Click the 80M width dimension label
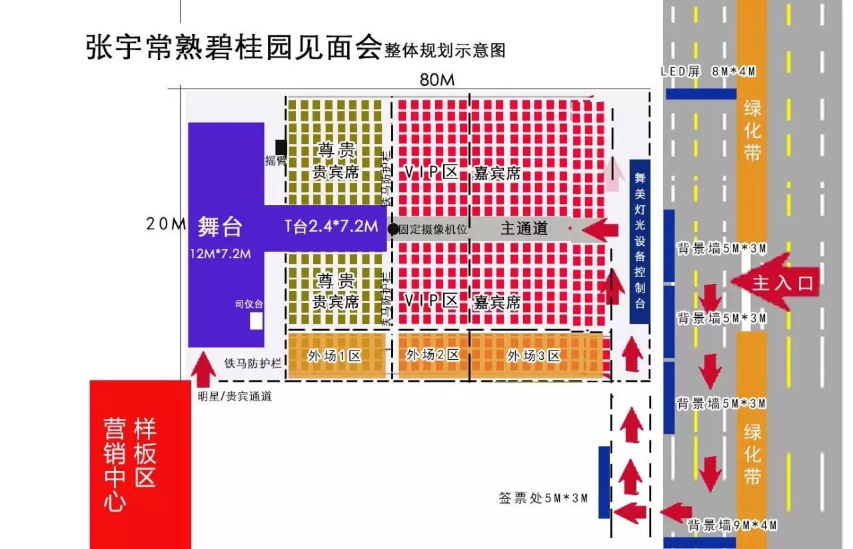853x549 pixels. tap(436, 79)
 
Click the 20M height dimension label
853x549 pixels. tap(165, 225)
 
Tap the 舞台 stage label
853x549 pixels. tap(220, 227)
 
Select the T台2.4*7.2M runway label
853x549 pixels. tap(331, 227)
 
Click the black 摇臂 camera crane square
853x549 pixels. tap(281, 147)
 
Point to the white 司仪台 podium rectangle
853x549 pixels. tap(256, 321)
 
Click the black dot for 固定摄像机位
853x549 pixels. tap(393, 229)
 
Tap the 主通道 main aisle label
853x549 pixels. tap(524, 228)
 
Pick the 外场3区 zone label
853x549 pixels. tap(533, 356)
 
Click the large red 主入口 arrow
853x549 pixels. tap(773, 282)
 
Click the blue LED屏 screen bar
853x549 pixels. tap(701, 94)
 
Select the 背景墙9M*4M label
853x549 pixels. tap(732, 525)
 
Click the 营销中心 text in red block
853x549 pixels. tap(115, 464)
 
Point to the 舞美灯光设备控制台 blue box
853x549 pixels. tap(640, 241)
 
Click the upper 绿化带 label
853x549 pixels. tap(752, 130)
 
